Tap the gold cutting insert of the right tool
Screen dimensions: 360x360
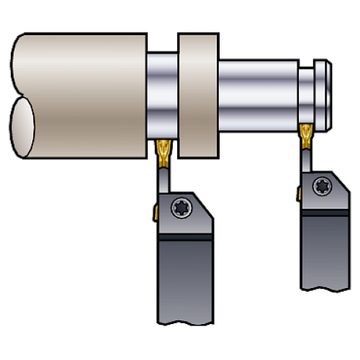pos(305,134)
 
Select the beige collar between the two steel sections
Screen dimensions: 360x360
pos(198,97)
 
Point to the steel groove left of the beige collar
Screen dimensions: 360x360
pos(162,96)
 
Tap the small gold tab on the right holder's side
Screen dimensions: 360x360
pos(299,192)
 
